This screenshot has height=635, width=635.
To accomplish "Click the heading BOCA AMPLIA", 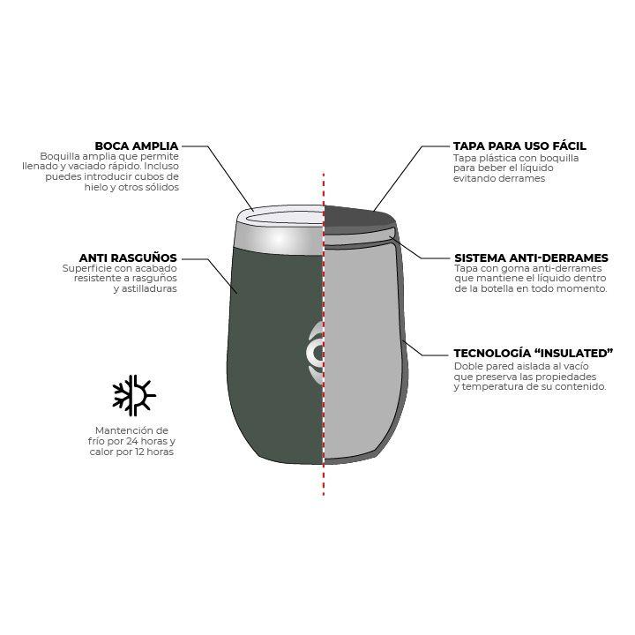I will (x=137, y=146).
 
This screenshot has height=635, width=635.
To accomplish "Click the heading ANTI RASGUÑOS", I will (x=128, y=258).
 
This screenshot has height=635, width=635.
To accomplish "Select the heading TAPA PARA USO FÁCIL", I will (x=519, y=146).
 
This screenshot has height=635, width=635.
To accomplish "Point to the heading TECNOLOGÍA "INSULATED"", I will (x=533, y=354).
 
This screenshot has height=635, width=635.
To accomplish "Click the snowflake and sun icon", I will (x=134, y=395).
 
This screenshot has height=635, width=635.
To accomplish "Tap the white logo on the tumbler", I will (x=315, y=354).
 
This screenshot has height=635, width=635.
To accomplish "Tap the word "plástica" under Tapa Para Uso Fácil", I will (x=494, y=158).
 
